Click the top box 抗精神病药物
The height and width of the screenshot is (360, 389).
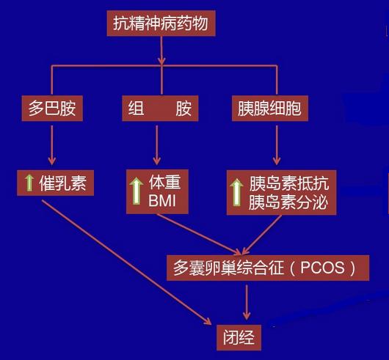pos(160,23)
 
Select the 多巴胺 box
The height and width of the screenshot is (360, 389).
pos(51,110)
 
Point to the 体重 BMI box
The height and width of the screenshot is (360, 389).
pos(159,191)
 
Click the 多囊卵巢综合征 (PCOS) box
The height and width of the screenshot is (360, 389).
pos(266,268)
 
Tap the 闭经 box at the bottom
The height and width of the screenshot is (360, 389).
pos(238,338)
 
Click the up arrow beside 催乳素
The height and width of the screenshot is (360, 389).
pos(29,183)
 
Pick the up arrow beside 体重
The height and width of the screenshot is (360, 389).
pos(137,191)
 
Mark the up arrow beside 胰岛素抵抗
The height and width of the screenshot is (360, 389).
pos(236,191)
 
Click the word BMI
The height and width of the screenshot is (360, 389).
pos(163,200)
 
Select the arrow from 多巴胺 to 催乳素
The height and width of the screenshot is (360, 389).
pos(51,144)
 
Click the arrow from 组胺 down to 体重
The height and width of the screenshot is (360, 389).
pos(156,144)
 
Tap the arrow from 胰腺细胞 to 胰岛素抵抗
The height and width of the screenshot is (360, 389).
pos(276,144)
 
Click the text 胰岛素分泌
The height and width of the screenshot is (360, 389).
pos(288,200)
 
